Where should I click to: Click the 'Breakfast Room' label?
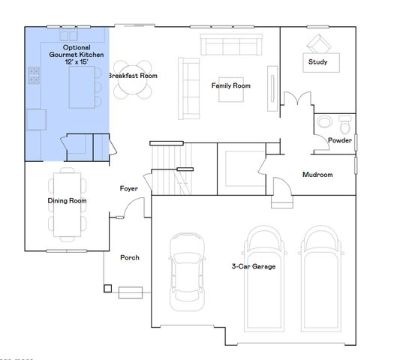pyautogui.click(x=132, y=76)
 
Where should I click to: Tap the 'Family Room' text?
pyautogui.click(x=230, y=85)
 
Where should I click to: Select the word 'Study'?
pyautogui.click(x=317, y=62)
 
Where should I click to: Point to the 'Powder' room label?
pyautogui.click(x=339, y=140)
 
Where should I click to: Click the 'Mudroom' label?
pyautogui.click(x=317, y=175)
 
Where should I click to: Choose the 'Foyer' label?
pyautogui.click(x=128, y=189)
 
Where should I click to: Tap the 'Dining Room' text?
pyautogui.click(x=67, y=201)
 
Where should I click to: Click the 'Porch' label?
pyautogui.click(x=130, y=258)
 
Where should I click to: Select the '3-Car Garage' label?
pyautogui.click(x=252, y=265)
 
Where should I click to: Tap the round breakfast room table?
pyautogui.click(x=132, y=86)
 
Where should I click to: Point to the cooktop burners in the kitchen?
pyautogui.click(x=35, y=75)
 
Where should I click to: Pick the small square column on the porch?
pyautogui.click(x=108, y=288)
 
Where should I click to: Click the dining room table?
pyautogui.click(x=67, y=201)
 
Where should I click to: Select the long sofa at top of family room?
pyautogui.click(x=230, y=46)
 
